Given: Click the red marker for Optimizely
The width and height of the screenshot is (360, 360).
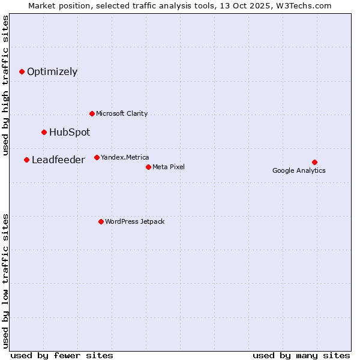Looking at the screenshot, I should (x=22, y=71).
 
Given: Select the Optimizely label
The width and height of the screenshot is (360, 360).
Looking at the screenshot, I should (x=52, y=72).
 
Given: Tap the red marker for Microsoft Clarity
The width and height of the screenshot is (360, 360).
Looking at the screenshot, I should (x=92, y=113).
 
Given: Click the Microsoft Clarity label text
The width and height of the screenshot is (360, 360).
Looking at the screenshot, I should (x=122, y=113).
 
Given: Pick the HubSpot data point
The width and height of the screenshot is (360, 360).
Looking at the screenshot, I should (x=44, y=132).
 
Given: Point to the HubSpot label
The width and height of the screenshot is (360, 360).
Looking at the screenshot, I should (x=70, y=133).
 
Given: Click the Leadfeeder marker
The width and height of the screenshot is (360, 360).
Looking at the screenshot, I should (x=26, y=160).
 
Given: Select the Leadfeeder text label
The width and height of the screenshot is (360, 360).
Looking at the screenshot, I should (x=58, y=160).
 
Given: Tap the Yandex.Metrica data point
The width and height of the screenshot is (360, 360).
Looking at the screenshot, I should (x=97, y=157).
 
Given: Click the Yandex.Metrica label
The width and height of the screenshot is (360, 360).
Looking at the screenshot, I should (x=125, y=157).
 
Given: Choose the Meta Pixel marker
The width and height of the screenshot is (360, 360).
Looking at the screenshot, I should (x=148, y=167).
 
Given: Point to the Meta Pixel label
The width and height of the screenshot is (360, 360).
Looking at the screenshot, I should (x=169, y=167).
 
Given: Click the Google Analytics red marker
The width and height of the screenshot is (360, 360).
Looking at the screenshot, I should (x=314, y=162).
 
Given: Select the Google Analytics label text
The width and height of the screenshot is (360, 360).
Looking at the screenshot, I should (x=299, y=170).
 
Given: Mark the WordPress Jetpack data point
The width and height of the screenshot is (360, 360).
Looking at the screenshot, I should (x=101, y=221).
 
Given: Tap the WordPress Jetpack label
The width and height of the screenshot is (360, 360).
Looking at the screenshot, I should (x=134, y=221).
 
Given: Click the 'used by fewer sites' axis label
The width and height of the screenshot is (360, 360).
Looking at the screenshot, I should (x=62, y=355).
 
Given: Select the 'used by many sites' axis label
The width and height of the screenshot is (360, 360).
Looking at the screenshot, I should (x=301, y=355).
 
